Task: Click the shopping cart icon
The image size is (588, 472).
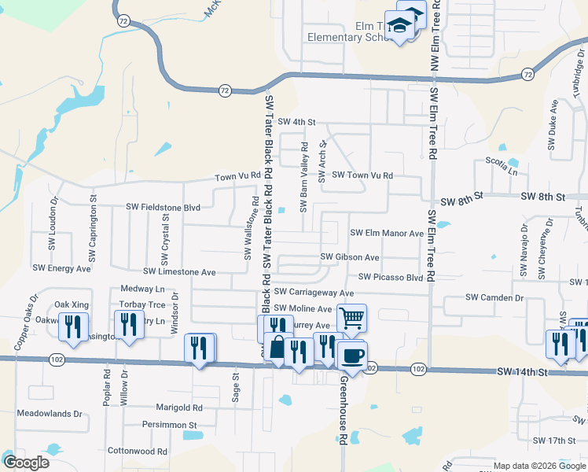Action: [x=351, y=319]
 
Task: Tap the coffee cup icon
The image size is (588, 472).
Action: [x=352, y=355]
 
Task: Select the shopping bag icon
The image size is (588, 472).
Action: [x=277, y=345]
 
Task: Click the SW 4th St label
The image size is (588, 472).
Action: [x=296, y=123]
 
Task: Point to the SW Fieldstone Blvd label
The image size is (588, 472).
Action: [x=164, y=207]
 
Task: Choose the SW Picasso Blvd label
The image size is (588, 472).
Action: [x=391, y=277]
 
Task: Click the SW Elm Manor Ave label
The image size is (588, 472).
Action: [x=387, y=233]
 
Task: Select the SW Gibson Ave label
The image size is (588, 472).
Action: [x=350, y=257]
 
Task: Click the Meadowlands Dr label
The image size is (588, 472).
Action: [x=50, y=413]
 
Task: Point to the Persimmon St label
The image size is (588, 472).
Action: [x=169, y=424]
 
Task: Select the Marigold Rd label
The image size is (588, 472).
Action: [x=178, y=407]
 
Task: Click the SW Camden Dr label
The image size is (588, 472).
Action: [x=494, y=297]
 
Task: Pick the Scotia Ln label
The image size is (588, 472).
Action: [x=502, y=170]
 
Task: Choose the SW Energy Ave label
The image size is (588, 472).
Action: [x=61, y=268]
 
